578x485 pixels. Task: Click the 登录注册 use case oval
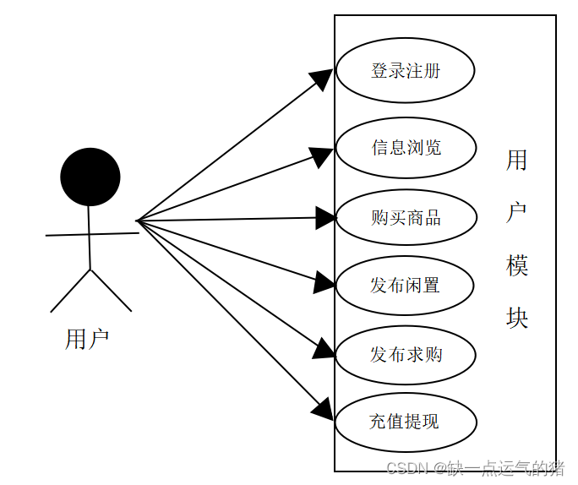point(405,70)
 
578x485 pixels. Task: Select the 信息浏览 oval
point(406,147)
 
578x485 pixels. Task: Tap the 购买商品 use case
point(406,217)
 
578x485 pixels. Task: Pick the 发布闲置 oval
point(405,285)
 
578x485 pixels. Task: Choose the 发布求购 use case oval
point(406,354)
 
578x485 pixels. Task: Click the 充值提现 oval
point(405,421)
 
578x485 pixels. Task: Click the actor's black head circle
point(90,177)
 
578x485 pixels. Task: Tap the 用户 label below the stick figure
point(87,339)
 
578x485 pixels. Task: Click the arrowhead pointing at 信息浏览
point(322,155)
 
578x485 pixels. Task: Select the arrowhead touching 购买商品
point(326,218)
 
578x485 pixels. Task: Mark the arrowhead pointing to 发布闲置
point(324,282)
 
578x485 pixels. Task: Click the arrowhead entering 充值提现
point(323,411)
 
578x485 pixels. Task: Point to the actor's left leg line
point(70,291)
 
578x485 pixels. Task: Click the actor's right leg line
point(111,290)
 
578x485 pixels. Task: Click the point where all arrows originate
point(138,221)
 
